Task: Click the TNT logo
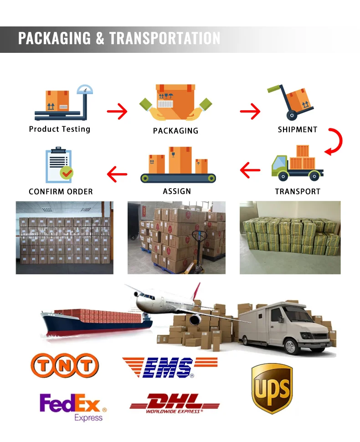tap(64, 365)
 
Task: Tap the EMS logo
tap(170, 367)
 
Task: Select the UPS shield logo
tap(272, 388)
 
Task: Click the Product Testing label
tap(60, 129)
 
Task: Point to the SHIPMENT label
tap(298, 129)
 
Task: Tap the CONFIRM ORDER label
tap(61, 191)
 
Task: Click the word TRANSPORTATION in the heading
tap(165, 38)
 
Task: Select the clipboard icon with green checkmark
tap(59, 165)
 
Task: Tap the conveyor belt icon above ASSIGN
tap(178, 164)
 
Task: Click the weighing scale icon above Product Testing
tap(63, 103)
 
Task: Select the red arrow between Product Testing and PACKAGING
tap(117, 111)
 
